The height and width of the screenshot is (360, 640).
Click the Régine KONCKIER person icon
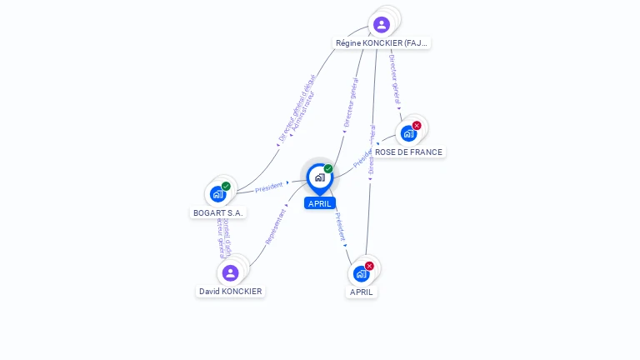tap(382, 24)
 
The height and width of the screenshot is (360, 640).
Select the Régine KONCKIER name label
tap(382, 42)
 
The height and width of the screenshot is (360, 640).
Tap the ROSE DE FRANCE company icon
tap(408, 133)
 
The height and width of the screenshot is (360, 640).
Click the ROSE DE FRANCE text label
tap(408, 152)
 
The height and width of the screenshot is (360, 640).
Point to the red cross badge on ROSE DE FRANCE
tap(417, 126)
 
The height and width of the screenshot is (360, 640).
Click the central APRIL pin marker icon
tap(319, 177)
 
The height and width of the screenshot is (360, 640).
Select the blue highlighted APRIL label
tap(320, 203)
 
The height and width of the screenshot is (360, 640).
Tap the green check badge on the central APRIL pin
tap(328, 169)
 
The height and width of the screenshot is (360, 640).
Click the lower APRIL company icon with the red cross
tap(361, 273)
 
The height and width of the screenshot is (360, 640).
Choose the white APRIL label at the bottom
tap(362, 292)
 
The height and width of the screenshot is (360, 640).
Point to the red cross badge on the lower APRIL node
tap(369, 266)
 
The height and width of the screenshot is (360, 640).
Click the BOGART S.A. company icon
tap(217, 194)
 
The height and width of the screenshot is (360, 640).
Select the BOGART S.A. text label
tap(218, 212)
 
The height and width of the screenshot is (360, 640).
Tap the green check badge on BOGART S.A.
tap(226, 187)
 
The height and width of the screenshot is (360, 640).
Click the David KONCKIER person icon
tap(231, 272)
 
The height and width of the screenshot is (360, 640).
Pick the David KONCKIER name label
tap(231, 292)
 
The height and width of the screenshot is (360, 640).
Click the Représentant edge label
tap(276, 226)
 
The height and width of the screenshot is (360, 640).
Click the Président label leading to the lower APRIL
tap(340, 227)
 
